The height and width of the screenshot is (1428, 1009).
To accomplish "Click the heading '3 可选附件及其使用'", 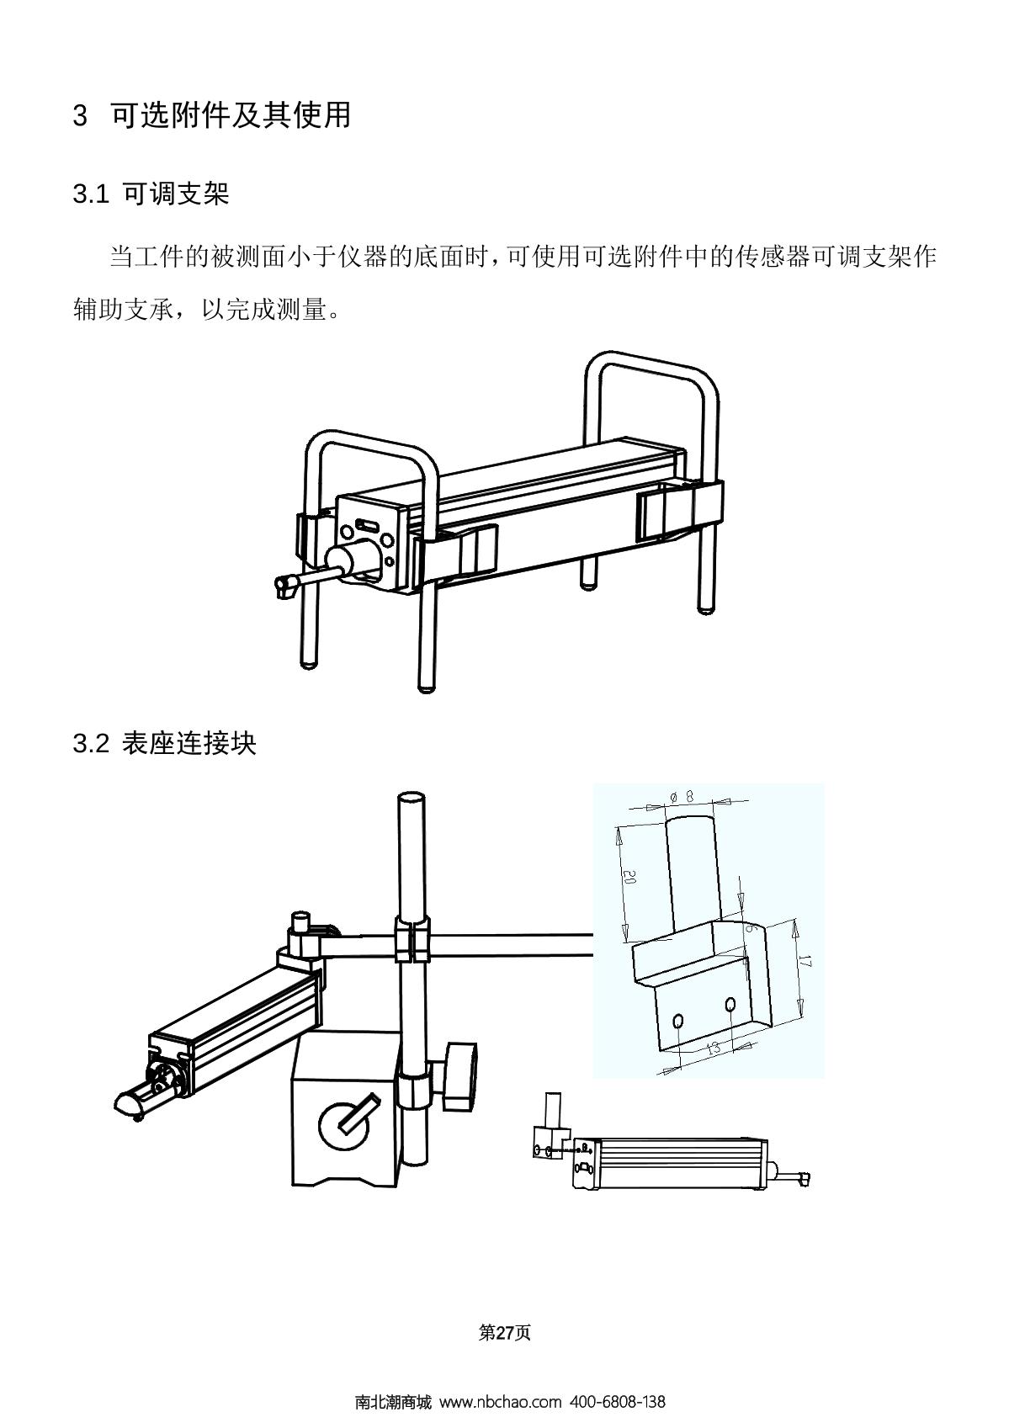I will click(212, 115).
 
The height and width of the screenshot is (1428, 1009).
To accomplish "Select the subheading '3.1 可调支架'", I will click(151, 195).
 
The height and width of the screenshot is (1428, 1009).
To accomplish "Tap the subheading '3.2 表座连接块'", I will click(165, 744).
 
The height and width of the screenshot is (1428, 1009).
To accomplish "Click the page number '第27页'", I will click(504, 1333).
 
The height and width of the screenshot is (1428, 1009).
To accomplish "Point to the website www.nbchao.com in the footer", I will click(500, 1402).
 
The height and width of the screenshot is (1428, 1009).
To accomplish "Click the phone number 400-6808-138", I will click(618, 1402).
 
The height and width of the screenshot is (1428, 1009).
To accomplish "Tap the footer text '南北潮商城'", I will click(392, 1402).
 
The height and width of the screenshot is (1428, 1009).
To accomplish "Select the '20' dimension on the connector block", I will click(629, 878).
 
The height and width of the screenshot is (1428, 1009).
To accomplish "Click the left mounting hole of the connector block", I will click(677, 1021).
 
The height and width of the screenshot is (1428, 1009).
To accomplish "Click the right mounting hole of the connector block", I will click(730, 1004).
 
